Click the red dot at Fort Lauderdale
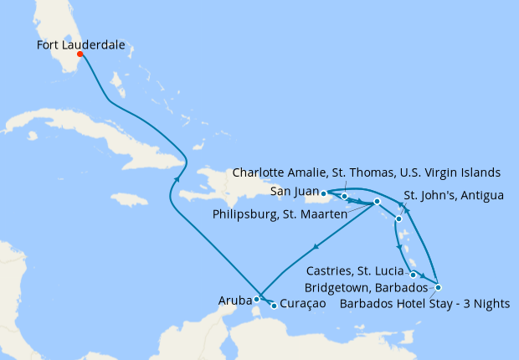coord(81,55)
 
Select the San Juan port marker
coord(323,193)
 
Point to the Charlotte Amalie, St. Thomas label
coord(366,172)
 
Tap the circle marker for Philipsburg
coord(378,202)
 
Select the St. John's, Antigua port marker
coord(399,219)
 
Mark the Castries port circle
coord(414,275)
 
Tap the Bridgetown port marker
coord(438,288)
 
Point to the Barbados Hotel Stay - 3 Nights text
coord(424,303)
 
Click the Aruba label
coord(234,299)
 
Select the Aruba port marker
coord(257,299)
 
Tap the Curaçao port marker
coord(275,306)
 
